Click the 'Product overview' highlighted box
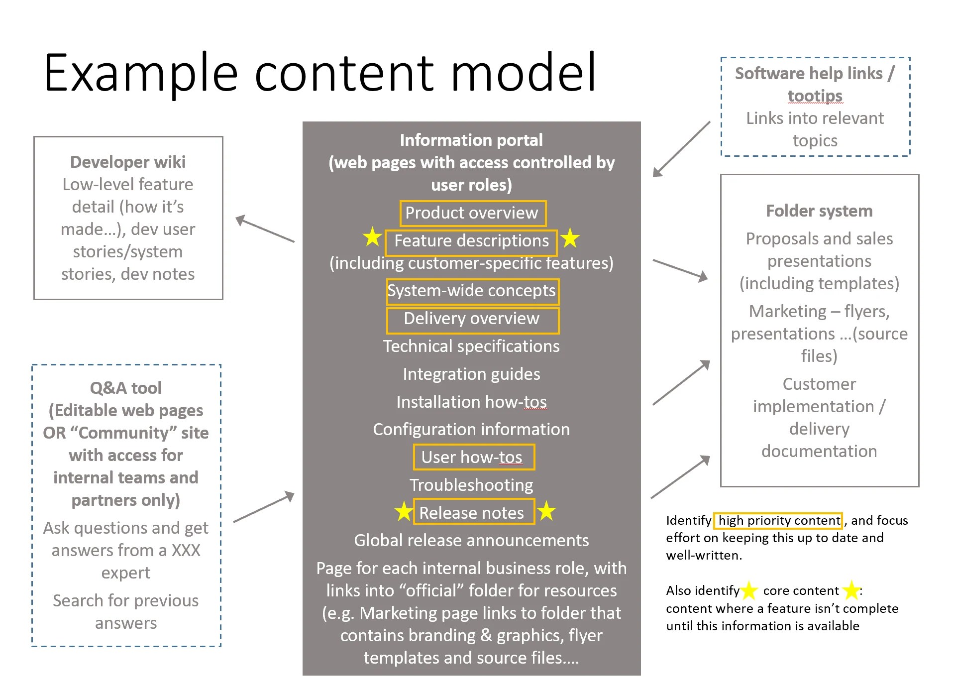click(472, 213)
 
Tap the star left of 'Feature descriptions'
click(372, 237)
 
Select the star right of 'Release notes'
click(546, 510)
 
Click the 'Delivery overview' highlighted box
click(472, 319)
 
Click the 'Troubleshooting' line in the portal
click(471, 485)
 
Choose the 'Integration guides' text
click(471, 374)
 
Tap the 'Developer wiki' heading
click(128, 162)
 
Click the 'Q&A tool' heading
click(126, 388)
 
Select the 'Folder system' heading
click(819, 211)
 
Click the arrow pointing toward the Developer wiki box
click(264, 229)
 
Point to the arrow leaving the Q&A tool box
click(264, 507)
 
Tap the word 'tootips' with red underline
click(815, 96)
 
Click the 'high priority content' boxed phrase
click(778, 521)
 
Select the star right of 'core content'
click(851, 590)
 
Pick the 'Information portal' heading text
click(471, 140)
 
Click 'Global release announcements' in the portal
click(471, 540)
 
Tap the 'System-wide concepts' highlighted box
click(472, 291)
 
